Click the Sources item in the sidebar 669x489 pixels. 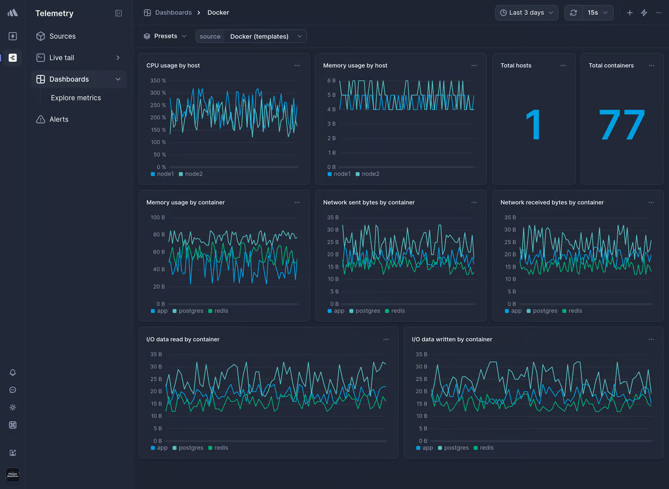coord(62,36)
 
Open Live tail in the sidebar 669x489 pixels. coord(61,57)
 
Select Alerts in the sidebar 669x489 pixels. coord(58,119)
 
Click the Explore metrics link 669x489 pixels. coord(75,98)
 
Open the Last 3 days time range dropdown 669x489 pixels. coord(526,13)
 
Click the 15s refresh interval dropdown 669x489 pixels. coord(597,13)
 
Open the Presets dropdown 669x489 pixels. coord(166,36)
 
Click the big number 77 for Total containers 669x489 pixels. coord(621,125)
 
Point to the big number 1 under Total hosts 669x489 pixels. coord(533,125)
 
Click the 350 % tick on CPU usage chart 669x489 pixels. coord(158,80)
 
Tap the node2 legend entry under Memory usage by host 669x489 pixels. coord(370,174)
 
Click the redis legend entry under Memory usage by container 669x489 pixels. coord(217,311)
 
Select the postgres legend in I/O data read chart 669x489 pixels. coord(190,448)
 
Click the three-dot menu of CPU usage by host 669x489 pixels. coord(297,65)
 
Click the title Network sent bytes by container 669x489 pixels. coord(368,202)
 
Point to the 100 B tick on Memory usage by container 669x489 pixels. coord(157,217)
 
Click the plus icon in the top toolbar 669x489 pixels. coord(630,13)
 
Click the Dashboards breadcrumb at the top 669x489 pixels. coord(173,13)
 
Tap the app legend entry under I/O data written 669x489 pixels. coord(427,448)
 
